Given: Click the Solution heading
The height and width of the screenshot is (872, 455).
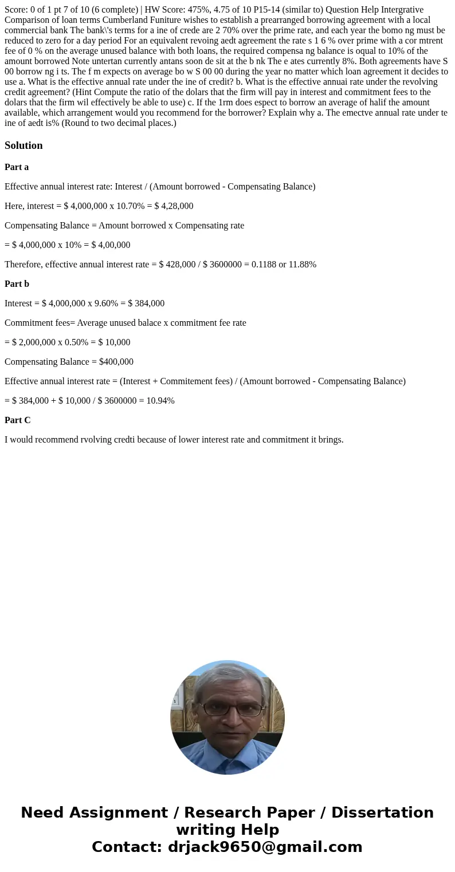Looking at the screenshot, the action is [x=23, y=145].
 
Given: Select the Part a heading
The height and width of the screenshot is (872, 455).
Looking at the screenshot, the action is [x=17, y=167].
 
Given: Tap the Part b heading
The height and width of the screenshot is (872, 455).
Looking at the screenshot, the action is [x=17, y=284].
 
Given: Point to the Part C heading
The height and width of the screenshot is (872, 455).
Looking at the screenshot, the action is [x=17, y=420].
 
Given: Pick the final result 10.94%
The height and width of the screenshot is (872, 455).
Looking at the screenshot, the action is [x=160, y=401].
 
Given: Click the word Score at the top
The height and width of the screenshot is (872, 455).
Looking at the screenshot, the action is [x=16, y=10].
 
